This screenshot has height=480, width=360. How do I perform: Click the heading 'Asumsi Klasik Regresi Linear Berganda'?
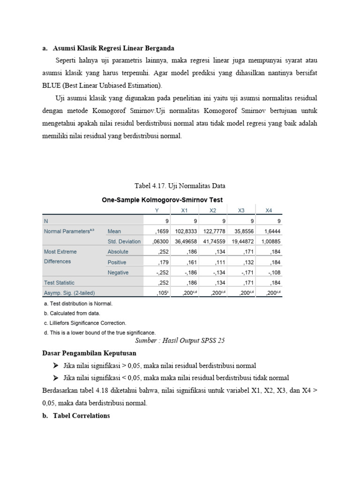coord(113,48)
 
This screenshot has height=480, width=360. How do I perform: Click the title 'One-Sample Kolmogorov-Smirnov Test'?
coord(162,200)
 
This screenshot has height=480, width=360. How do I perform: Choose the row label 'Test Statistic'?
coord(59,283)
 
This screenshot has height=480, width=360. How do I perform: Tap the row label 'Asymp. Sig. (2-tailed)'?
coord(69,293)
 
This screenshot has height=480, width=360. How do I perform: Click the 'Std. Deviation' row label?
coord(124,241)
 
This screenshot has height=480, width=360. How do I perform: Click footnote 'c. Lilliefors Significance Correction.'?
coord(84,323)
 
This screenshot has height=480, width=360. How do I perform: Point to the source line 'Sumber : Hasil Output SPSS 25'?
coord(180,341)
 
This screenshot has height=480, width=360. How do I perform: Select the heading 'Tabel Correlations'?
coord(81,415)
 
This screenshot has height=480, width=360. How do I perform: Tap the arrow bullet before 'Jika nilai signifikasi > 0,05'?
coord(56,365)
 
